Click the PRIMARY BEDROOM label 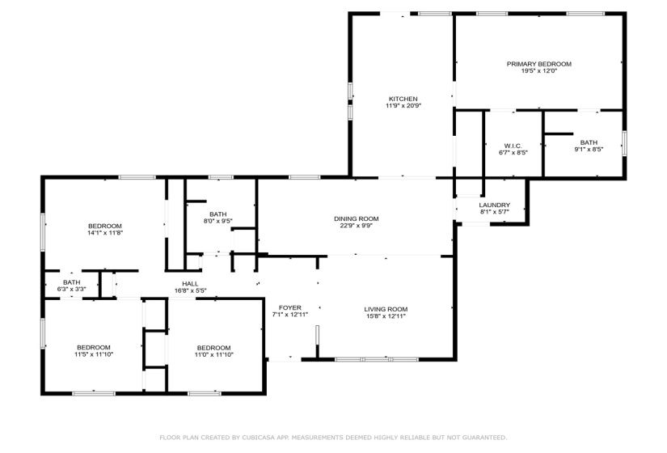click(x=538, y=64)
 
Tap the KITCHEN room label click(x=402, y=99)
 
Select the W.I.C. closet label click(x=513, y=146)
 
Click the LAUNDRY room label click(x=495, y=205)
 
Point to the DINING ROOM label click(x=356, y=218)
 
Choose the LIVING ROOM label click(x=385, y=309)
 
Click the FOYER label click(x=290, y=307)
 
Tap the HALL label click(x=190, y=283)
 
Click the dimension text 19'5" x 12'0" click(x=538, y=71)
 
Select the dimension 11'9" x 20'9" click(x=402, y=106)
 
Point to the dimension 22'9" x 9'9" click(x=356, y=226)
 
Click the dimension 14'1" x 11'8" click(x=105, y=233)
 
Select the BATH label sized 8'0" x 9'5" click(x=217, y=214)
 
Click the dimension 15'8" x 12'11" click(x=385, y=316)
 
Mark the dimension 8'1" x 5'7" click(x=495, y=212)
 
